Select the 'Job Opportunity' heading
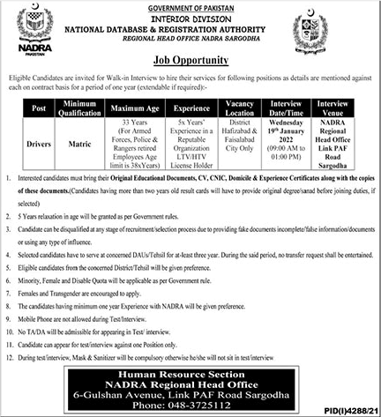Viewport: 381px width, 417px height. tap(190, 61)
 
